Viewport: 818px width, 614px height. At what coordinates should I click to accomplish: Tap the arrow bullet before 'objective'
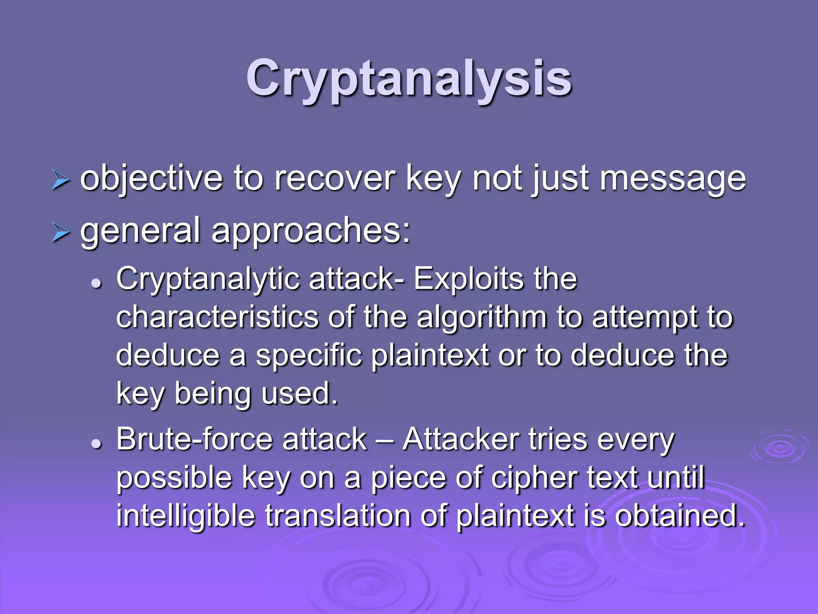tap(61, 180)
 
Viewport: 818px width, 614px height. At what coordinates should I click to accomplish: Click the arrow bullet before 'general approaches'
tap(61, 233)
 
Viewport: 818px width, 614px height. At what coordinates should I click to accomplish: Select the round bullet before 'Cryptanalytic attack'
tap(96, 284)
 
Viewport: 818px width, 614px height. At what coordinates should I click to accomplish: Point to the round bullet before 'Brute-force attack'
tap(96, 444)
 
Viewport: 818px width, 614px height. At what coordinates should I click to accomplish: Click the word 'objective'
tap(151, 179)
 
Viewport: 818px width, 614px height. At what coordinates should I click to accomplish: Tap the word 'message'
tap(673, 179)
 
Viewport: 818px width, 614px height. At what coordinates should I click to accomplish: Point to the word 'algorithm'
tap(481, 318)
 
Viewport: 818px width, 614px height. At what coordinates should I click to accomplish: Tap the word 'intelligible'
tap(185, 515)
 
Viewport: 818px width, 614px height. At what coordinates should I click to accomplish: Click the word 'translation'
tap(338, 515)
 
